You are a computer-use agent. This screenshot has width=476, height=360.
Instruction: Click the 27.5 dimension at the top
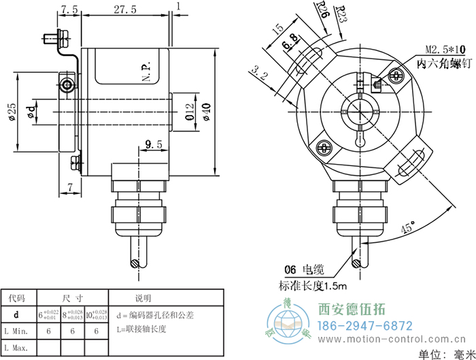tap(125, 10)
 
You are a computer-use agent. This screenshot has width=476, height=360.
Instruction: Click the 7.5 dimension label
tap(69, 10)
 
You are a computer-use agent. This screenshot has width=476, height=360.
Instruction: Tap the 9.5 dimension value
tap(154, 144)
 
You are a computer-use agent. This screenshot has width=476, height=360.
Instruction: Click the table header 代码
tap(17, 298)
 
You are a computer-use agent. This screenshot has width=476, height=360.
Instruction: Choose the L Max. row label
tap(17, 347)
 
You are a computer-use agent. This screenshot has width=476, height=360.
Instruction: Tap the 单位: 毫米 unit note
tap(446, 353)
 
